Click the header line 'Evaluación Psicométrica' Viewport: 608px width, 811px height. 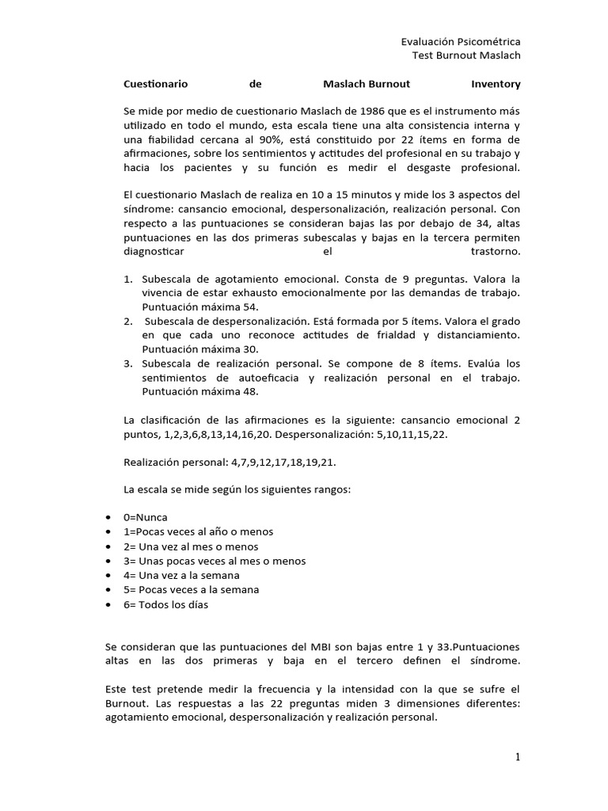click(x=462, y=41)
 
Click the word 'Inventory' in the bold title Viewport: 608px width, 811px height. click(x=496, y=83)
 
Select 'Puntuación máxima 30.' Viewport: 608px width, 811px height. click(x=188, y=348)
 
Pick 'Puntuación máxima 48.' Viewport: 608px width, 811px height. click(x=188, y=391)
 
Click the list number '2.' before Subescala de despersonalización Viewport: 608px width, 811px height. click(x=127, y=321)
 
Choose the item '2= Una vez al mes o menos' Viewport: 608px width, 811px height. click(x=191, y=546)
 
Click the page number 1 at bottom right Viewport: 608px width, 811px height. click(x=518, y=758)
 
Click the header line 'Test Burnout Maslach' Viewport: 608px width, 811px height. click(x=467, y=55)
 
